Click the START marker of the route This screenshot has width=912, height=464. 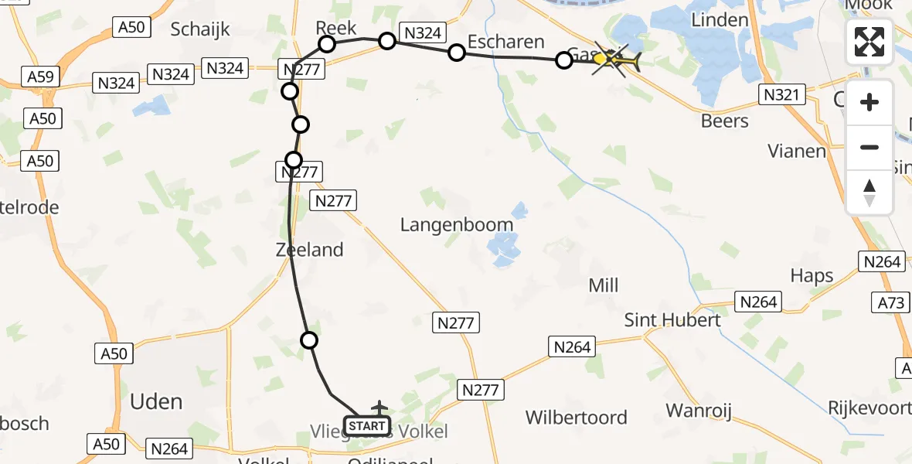[366, 426]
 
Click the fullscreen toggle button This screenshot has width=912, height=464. [869, 42]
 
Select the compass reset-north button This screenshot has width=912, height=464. [869, 193]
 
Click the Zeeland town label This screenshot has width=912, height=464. [309, 250]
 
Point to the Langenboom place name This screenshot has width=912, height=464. [456, 225]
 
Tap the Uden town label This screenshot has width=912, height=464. [156, 401]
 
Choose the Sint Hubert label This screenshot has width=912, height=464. [672, 319]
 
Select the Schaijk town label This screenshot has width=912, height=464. [201, 29]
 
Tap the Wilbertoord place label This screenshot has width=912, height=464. [577, 418]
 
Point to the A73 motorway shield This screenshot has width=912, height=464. [891, 302]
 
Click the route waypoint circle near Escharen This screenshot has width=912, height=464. [457, 53]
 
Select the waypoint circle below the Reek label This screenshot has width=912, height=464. [327, 44]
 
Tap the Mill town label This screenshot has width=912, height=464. [604, 285]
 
